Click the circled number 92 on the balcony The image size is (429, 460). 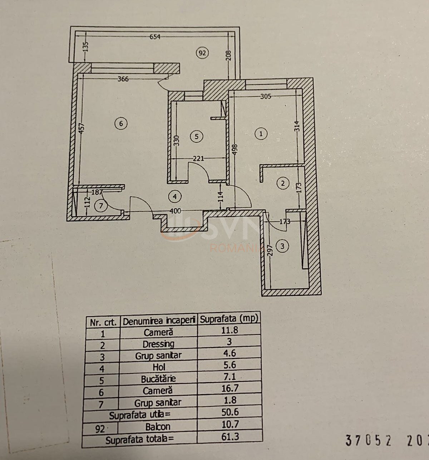click(x=202, y=53)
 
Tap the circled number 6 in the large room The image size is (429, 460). click(x=121, y=124)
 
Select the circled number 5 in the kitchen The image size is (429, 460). click(x=196, y=136)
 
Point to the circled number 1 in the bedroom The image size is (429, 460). click(x=261, y=134)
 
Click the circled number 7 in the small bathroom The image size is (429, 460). click(x=101, y=206)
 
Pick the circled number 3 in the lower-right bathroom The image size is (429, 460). click(x=282, y=246)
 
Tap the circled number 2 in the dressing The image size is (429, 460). click(x=283, y=183)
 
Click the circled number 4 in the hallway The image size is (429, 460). click(x=174, y=196)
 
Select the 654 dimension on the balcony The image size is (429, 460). click(x=155, y=37)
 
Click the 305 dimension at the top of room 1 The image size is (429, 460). click(x=266, y=96)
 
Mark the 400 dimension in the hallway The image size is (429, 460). click(x=175, y=211)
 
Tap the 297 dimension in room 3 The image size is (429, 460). click(x=271, y=250)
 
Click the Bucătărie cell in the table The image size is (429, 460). click(x=158, y=379)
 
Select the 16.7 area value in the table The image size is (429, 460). click(x=230, y=388)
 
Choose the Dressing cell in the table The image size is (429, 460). click(x=158, y=344)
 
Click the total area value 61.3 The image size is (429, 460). click(x=230, y=436)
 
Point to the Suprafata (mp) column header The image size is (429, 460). click(x=229, y=319)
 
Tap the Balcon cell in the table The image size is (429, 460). click(x=158, y=427)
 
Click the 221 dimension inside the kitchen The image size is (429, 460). click(x=198, y=158)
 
